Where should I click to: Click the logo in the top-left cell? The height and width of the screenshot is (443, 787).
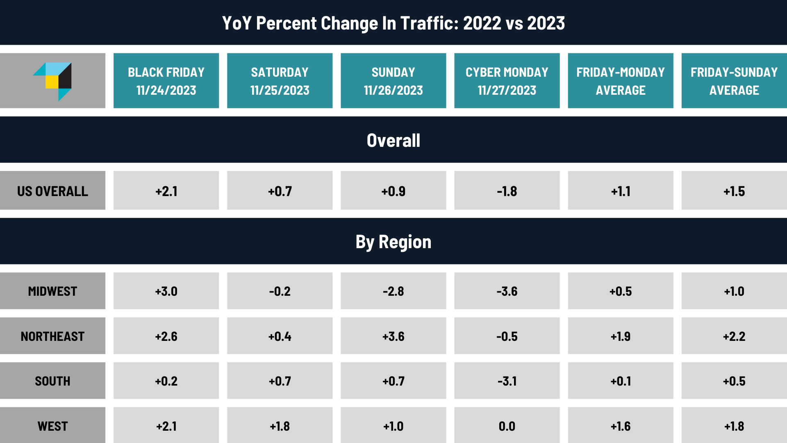click(53, 81)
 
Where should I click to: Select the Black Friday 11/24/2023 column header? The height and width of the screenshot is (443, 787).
click(166, 81)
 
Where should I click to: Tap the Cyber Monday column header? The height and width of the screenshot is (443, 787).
click(507, 81)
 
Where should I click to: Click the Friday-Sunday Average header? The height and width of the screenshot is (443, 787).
click(734, 81)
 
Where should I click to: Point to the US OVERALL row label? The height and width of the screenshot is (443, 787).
click(52, 191)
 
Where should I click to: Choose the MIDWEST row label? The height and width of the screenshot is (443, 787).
click(52, 291)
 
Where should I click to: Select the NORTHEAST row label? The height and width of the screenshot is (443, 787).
click(52, 336)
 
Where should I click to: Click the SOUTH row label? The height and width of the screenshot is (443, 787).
click(52, 381)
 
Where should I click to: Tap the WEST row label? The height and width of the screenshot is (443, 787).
click(52, 426)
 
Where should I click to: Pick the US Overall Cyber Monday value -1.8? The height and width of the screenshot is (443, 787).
click(507, 191)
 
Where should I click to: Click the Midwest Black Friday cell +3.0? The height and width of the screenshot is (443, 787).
click(166, 291)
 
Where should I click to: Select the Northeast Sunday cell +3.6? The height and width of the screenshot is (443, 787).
click(393, 336)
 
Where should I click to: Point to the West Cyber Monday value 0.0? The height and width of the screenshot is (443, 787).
click(507, 426)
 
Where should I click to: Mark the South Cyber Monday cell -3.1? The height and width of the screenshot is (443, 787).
click(507, 381)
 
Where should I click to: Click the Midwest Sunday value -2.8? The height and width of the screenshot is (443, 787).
click(393, 291)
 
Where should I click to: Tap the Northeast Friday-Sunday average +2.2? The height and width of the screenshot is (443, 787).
click(734, 336)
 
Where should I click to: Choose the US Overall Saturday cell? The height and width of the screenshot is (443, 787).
click(280, 191)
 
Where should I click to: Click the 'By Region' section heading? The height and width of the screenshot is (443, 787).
click(393, 242)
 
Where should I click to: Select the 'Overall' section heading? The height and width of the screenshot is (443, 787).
click(393, 140)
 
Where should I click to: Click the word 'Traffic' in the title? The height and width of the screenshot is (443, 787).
click(427, 23)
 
